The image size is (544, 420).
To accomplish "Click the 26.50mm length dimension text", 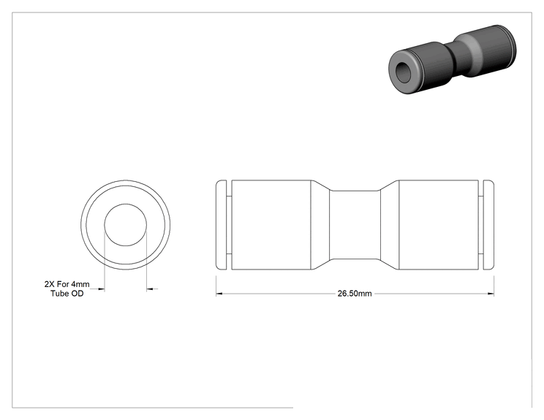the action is (x=355, y=294).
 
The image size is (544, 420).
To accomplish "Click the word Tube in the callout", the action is (x=59, y=294).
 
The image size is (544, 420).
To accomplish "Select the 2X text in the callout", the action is (x=49, y=284).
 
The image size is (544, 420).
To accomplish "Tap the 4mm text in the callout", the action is (x=80, y=284).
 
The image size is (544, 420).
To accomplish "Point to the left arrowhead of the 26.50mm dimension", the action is (x=219, y=294).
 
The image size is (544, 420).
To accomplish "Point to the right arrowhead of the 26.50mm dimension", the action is (x=491, y=294).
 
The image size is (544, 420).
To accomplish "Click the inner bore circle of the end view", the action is (x=126, y=204).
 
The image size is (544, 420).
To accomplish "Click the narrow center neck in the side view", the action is (x=355, y=225).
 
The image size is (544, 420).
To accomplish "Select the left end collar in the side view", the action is (x=222, y=224).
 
